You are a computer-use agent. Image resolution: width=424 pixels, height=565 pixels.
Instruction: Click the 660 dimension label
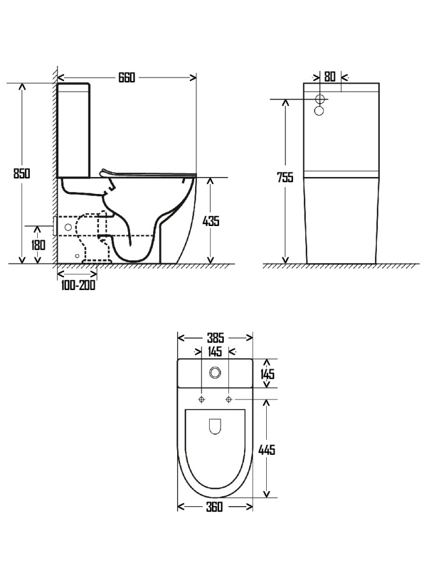click(126, 77)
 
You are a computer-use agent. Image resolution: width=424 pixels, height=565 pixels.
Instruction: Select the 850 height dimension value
click(22, 173)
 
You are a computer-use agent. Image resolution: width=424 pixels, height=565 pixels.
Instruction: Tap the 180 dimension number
click(38, 245)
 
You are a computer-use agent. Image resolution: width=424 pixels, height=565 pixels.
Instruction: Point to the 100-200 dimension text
click(77, 285)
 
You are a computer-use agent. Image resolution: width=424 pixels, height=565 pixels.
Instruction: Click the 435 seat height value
click(210, 221)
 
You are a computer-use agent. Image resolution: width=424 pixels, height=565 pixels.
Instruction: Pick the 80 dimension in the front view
click(330, 76)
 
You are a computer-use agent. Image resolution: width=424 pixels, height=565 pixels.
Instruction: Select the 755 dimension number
click(285, 178)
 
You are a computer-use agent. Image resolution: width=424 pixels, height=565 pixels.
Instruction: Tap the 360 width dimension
click(214, 507)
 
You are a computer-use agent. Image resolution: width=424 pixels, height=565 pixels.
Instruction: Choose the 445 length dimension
click(267, 449)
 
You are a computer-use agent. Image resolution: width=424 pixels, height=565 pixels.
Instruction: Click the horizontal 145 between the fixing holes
click(215, 352)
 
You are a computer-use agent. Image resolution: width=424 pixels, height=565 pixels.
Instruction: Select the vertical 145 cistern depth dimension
click(267, 373)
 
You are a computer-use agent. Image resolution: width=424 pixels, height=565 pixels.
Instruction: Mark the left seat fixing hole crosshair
click(202, 399)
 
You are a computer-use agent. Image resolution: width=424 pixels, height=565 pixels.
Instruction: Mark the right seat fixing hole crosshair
click(229, 399)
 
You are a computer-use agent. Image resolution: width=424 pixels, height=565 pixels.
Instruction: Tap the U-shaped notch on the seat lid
click(215, 428)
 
